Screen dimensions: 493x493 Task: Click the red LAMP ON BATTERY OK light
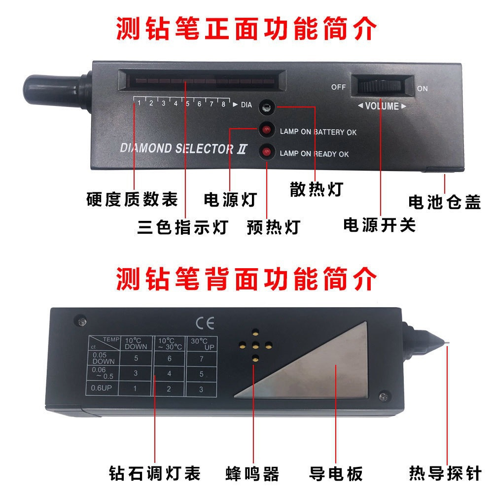266,129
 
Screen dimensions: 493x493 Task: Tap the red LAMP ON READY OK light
266,152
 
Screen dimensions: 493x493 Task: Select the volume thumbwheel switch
380,85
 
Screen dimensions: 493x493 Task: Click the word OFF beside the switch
338,87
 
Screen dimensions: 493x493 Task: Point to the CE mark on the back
205,323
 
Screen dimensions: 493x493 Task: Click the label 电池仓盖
444,202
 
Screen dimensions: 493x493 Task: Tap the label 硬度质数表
132,199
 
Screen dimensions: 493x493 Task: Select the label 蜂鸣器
252,474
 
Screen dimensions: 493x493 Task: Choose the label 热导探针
445,473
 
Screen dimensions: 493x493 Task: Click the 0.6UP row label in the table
101,388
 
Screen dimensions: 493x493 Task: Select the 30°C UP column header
202,344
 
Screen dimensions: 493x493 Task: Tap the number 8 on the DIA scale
223,104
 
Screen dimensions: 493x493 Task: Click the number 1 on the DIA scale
139,103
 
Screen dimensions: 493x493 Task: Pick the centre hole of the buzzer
255,347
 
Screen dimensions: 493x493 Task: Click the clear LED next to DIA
267,107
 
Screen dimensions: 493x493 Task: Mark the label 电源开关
380,225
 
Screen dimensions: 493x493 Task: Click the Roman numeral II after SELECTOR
242,149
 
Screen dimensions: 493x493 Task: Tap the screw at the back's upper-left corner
82,321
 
